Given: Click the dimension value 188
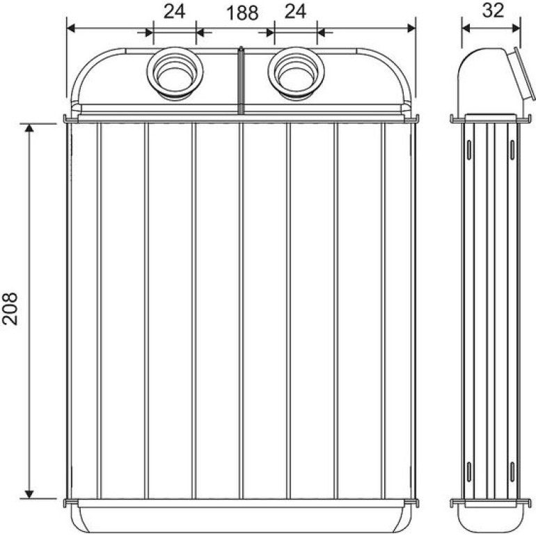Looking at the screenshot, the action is (x=242, y=13).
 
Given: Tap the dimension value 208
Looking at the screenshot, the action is (x=10, y=308).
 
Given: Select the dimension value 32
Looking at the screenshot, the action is (x=493, y=10).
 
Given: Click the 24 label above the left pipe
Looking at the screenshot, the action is (x=174, y=12).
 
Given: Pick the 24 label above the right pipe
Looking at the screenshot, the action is (x=295, y=12).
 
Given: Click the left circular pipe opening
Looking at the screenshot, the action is (x=175, y=73).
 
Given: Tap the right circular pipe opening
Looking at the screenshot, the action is (x=296, y=73).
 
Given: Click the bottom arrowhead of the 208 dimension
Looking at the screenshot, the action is (x=29, y=494).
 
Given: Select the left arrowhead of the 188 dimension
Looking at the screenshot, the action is (x=71, y=28).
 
